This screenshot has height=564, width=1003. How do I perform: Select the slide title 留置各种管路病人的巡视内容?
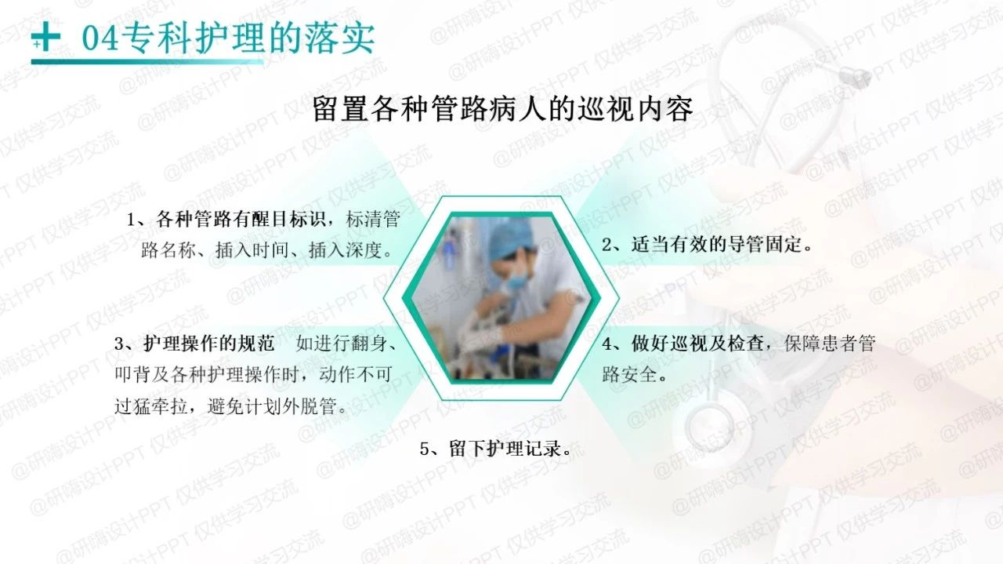(502, 109)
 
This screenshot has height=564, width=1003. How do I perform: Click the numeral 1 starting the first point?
(131, 220)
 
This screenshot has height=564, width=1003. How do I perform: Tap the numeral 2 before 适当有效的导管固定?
(607, 244)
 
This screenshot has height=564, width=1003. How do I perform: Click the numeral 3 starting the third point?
(120, 344)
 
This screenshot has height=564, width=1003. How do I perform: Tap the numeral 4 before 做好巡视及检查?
(607, 344)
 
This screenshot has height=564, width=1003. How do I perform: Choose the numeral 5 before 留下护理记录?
(425, 449)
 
